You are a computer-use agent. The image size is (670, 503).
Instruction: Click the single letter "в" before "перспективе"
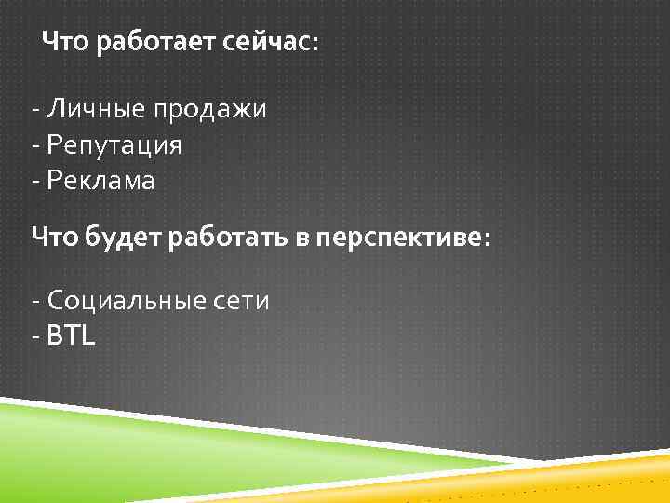(302, 239)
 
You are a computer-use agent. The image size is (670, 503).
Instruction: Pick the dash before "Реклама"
(34, 182)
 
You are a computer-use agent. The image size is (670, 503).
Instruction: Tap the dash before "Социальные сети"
(34, 302)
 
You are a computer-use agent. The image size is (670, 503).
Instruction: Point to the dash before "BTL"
(34, 336)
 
